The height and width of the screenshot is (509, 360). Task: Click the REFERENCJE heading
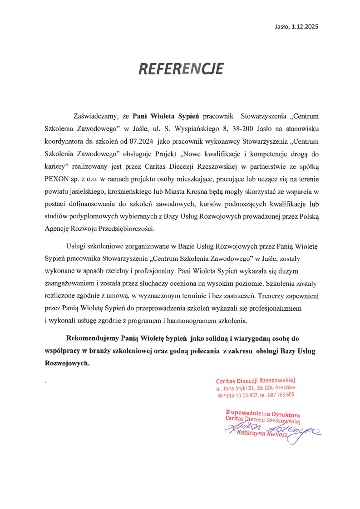[181, 69]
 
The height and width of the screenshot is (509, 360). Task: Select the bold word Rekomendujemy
[92, 338]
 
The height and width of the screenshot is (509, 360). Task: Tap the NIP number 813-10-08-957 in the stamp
[241, 395]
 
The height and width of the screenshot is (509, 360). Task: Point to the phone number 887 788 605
[281, 395]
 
